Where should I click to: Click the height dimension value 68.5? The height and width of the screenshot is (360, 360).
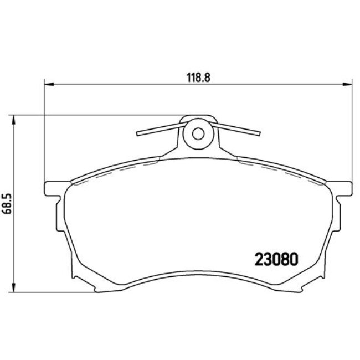coord(8,203)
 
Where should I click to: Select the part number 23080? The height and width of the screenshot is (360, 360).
coord(276,260)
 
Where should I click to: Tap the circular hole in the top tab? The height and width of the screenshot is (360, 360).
coord(198,133)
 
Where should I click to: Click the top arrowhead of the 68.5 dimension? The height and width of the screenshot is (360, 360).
coord(14,119)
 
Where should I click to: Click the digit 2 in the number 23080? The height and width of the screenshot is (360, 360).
coord(258,260)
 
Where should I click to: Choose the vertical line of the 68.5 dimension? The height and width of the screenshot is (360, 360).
coord(14,166)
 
